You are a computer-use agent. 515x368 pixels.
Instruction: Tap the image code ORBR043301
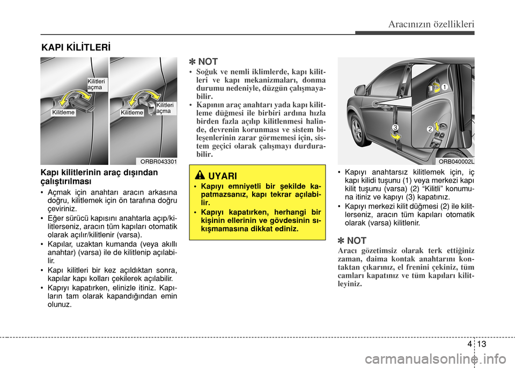pyautogui.click(x=158, y=161)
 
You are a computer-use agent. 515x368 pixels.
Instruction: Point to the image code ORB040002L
pyautogui.click(x=456, y=161)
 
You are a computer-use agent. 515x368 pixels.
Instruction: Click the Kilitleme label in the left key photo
pyautogui.click(x=63, y=113)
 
